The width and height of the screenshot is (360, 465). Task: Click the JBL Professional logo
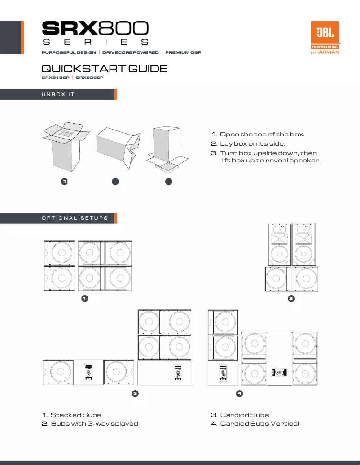click(325, 38)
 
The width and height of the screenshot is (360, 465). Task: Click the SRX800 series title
click(95, 33)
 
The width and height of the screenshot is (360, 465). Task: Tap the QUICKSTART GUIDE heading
click(104, 69)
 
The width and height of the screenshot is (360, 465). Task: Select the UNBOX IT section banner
click(58, 94)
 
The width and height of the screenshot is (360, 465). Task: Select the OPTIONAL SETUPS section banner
click(58, 218)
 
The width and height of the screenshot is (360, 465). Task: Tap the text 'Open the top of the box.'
click(262, 135)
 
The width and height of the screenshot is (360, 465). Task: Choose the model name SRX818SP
click(55, 78)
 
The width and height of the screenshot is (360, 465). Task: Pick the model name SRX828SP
click(90, 78)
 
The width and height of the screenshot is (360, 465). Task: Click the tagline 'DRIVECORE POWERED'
click(131, 52)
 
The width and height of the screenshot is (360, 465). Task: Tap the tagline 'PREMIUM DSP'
click(183, 52)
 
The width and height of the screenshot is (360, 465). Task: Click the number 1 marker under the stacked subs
click(84, 298)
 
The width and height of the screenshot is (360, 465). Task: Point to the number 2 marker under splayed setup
click(291, 298)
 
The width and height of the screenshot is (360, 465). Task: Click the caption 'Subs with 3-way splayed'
click(94, 423)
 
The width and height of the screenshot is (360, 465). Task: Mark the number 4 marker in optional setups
click(239, 394)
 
